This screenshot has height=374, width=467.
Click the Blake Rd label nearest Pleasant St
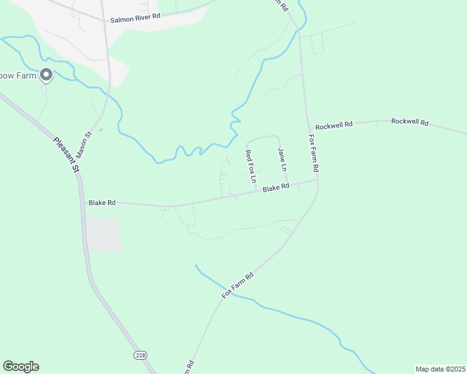tap(102, 203)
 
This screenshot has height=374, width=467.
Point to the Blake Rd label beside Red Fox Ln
tap(275, 187)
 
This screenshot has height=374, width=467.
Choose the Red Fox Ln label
tap(250, 166)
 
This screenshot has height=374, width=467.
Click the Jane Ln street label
tap(282, 160)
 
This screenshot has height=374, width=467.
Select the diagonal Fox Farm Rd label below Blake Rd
tap(238, 284)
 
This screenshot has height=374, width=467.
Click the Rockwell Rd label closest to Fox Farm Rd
tap(333, 125)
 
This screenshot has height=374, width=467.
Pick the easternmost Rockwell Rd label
tap(410, 122)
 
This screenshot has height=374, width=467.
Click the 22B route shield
tap(140, 355)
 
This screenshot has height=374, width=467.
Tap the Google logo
tap(21, 366)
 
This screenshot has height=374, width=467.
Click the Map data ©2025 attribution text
tap(440, 369)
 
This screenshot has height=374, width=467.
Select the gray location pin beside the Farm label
tap(46, 75)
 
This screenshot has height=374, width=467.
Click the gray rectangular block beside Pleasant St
tap(103, 234)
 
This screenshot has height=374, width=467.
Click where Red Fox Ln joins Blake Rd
tap(257, 192)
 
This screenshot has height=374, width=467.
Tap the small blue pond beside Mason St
tap(101, 130)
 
